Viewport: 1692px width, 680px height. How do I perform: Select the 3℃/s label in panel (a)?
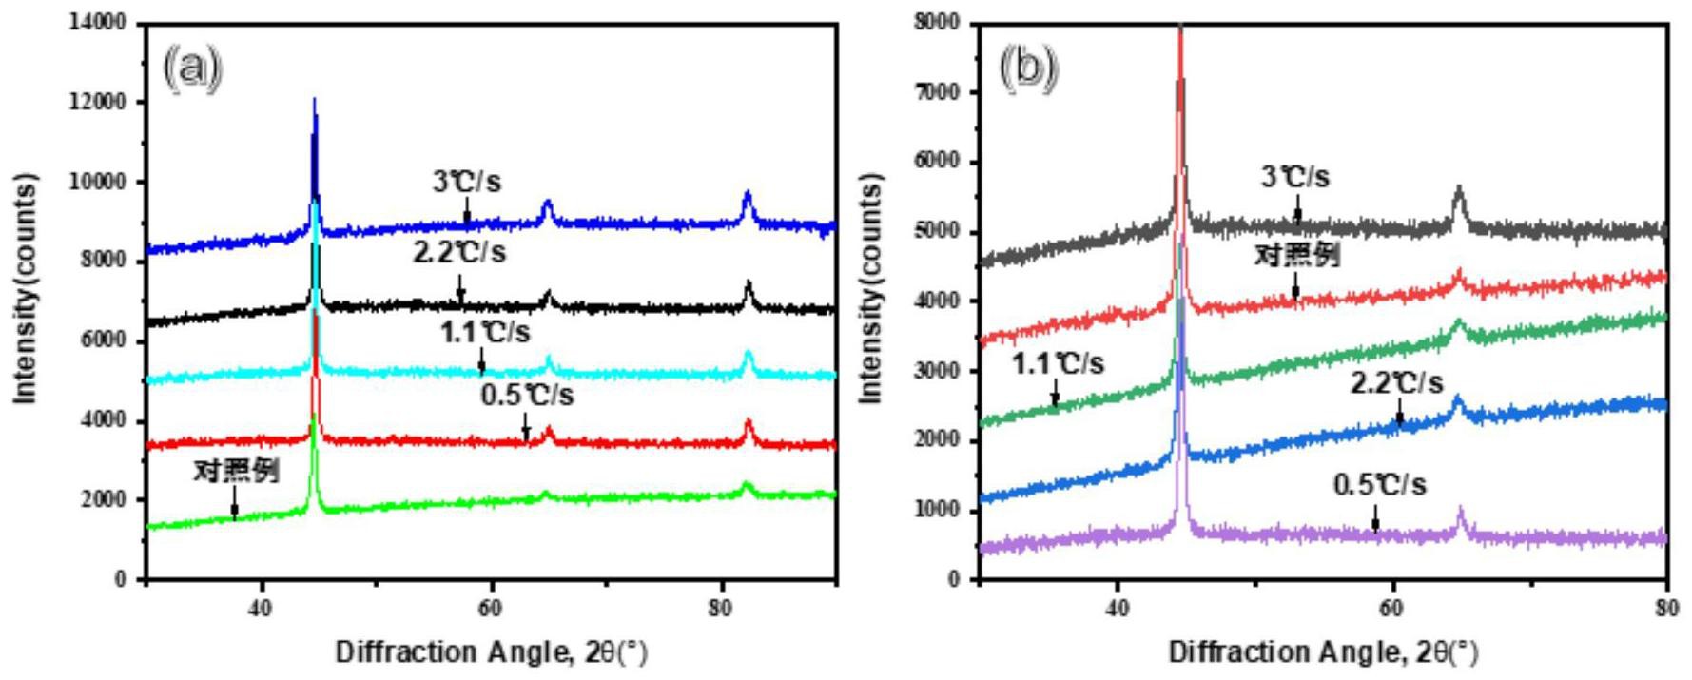pos(466,181)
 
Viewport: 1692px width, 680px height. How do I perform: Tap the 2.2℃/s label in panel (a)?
pos(459,252)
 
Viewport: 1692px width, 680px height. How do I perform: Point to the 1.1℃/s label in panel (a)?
pos(484,332)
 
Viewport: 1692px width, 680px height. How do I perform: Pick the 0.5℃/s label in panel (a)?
pos(527,394)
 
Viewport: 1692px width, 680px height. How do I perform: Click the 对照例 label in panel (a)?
pos(236,471)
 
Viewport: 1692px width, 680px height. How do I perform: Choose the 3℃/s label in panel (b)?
pos(1295,177)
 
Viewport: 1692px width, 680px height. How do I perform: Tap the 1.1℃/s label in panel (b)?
pos(1057,362)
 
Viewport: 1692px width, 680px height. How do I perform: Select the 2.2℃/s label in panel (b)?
pos(1396,383)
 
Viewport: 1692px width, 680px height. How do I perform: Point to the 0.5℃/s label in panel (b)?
pos(1379,485)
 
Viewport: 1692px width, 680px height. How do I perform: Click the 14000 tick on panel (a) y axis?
pos(99,22)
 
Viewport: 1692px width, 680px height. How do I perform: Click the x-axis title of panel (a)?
pos(491,653)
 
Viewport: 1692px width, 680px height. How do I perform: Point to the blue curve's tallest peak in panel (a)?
pos(314,100)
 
